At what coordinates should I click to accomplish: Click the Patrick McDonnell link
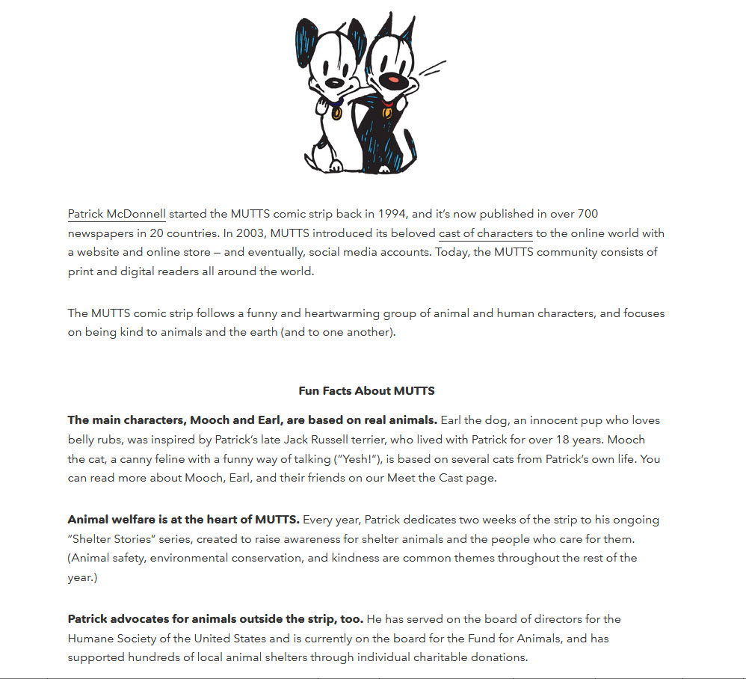pyautogui.click(x=116, y=214)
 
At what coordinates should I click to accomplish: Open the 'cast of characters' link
pyautogui.click(x=485, y=233)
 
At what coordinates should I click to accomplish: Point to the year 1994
pyautogui.click(x=392, y=214)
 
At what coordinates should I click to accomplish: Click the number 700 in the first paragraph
pyautogui.click(x=586, y=214)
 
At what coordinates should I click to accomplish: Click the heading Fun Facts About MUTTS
pyautogui.click(x=366, y=390)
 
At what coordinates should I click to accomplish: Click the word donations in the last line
pyautogui.click(x=500, y=657)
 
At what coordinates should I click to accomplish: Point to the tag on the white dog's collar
pyautogui.click(x=337, y=114)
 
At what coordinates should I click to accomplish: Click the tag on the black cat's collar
pyautogui.click(x=386, y=113)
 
